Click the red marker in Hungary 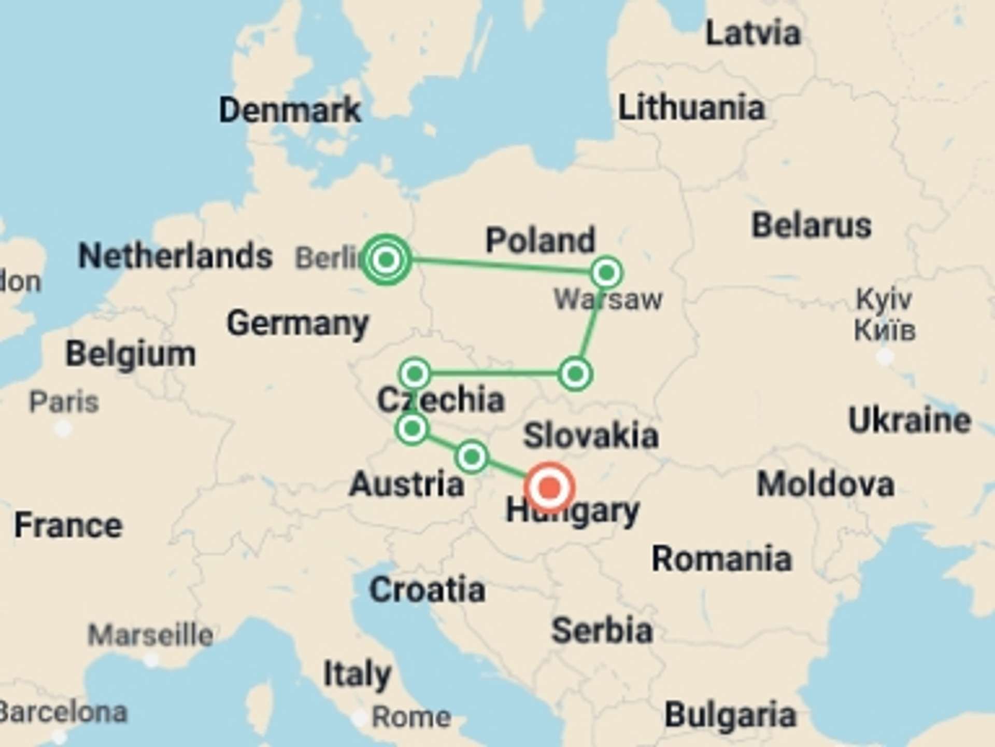tap(549, 488)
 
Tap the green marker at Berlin tap(386, 259)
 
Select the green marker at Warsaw tap(606, 272)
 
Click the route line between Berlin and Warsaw tap(497, 265)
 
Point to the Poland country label tap(541, 240)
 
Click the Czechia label tap(440, 399)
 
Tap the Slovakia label tap(591, 435)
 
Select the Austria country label tap(407, 484)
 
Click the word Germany tap(297, 323)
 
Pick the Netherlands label tap(175, 256)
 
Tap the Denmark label tap(290, 110)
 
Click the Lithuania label tap(691, 107)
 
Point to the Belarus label tap(812, 225)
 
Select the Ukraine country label tap(909, 420)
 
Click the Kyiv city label tap(884, 299)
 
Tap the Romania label tap(722, 559)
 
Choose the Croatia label tap(427, 590)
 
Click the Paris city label tap(64, 402)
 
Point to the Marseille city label tap(150, 635)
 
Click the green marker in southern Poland tap(575, 374)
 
